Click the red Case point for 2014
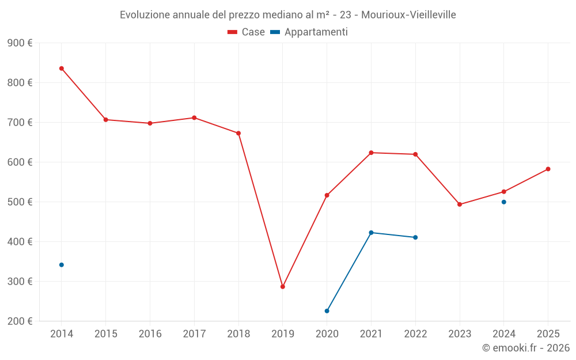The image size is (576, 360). (x=62, y=69)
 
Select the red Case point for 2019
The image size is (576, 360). (x=283, y=287)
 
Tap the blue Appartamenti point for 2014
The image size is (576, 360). (x=62, y=265)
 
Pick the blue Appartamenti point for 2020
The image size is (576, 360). (x=327, y=311)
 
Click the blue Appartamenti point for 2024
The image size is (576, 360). (x=504, y=202)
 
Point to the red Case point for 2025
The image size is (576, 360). (x=548, y=169)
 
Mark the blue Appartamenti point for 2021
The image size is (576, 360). (x=371, y=233)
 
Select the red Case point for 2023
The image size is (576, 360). (x=460, y=204)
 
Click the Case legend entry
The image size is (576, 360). (x=247, y=32)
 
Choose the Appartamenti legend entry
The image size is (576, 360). (x=309, y=32)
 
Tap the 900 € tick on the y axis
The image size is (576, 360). (x=20, y=43)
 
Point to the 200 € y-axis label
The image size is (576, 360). (x=20, y=321)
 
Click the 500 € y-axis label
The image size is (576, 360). (x=20, y=202)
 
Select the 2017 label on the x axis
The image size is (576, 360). (x=194, y=334)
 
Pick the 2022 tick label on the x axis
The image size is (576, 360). (x=415, y=334)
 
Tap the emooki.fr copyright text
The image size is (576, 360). (x=526, y=348)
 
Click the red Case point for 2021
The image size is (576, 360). (x=371, y=153)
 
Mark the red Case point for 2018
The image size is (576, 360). (x=238, y=133)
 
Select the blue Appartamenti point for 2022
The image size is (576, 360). (x=415, y=237)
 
